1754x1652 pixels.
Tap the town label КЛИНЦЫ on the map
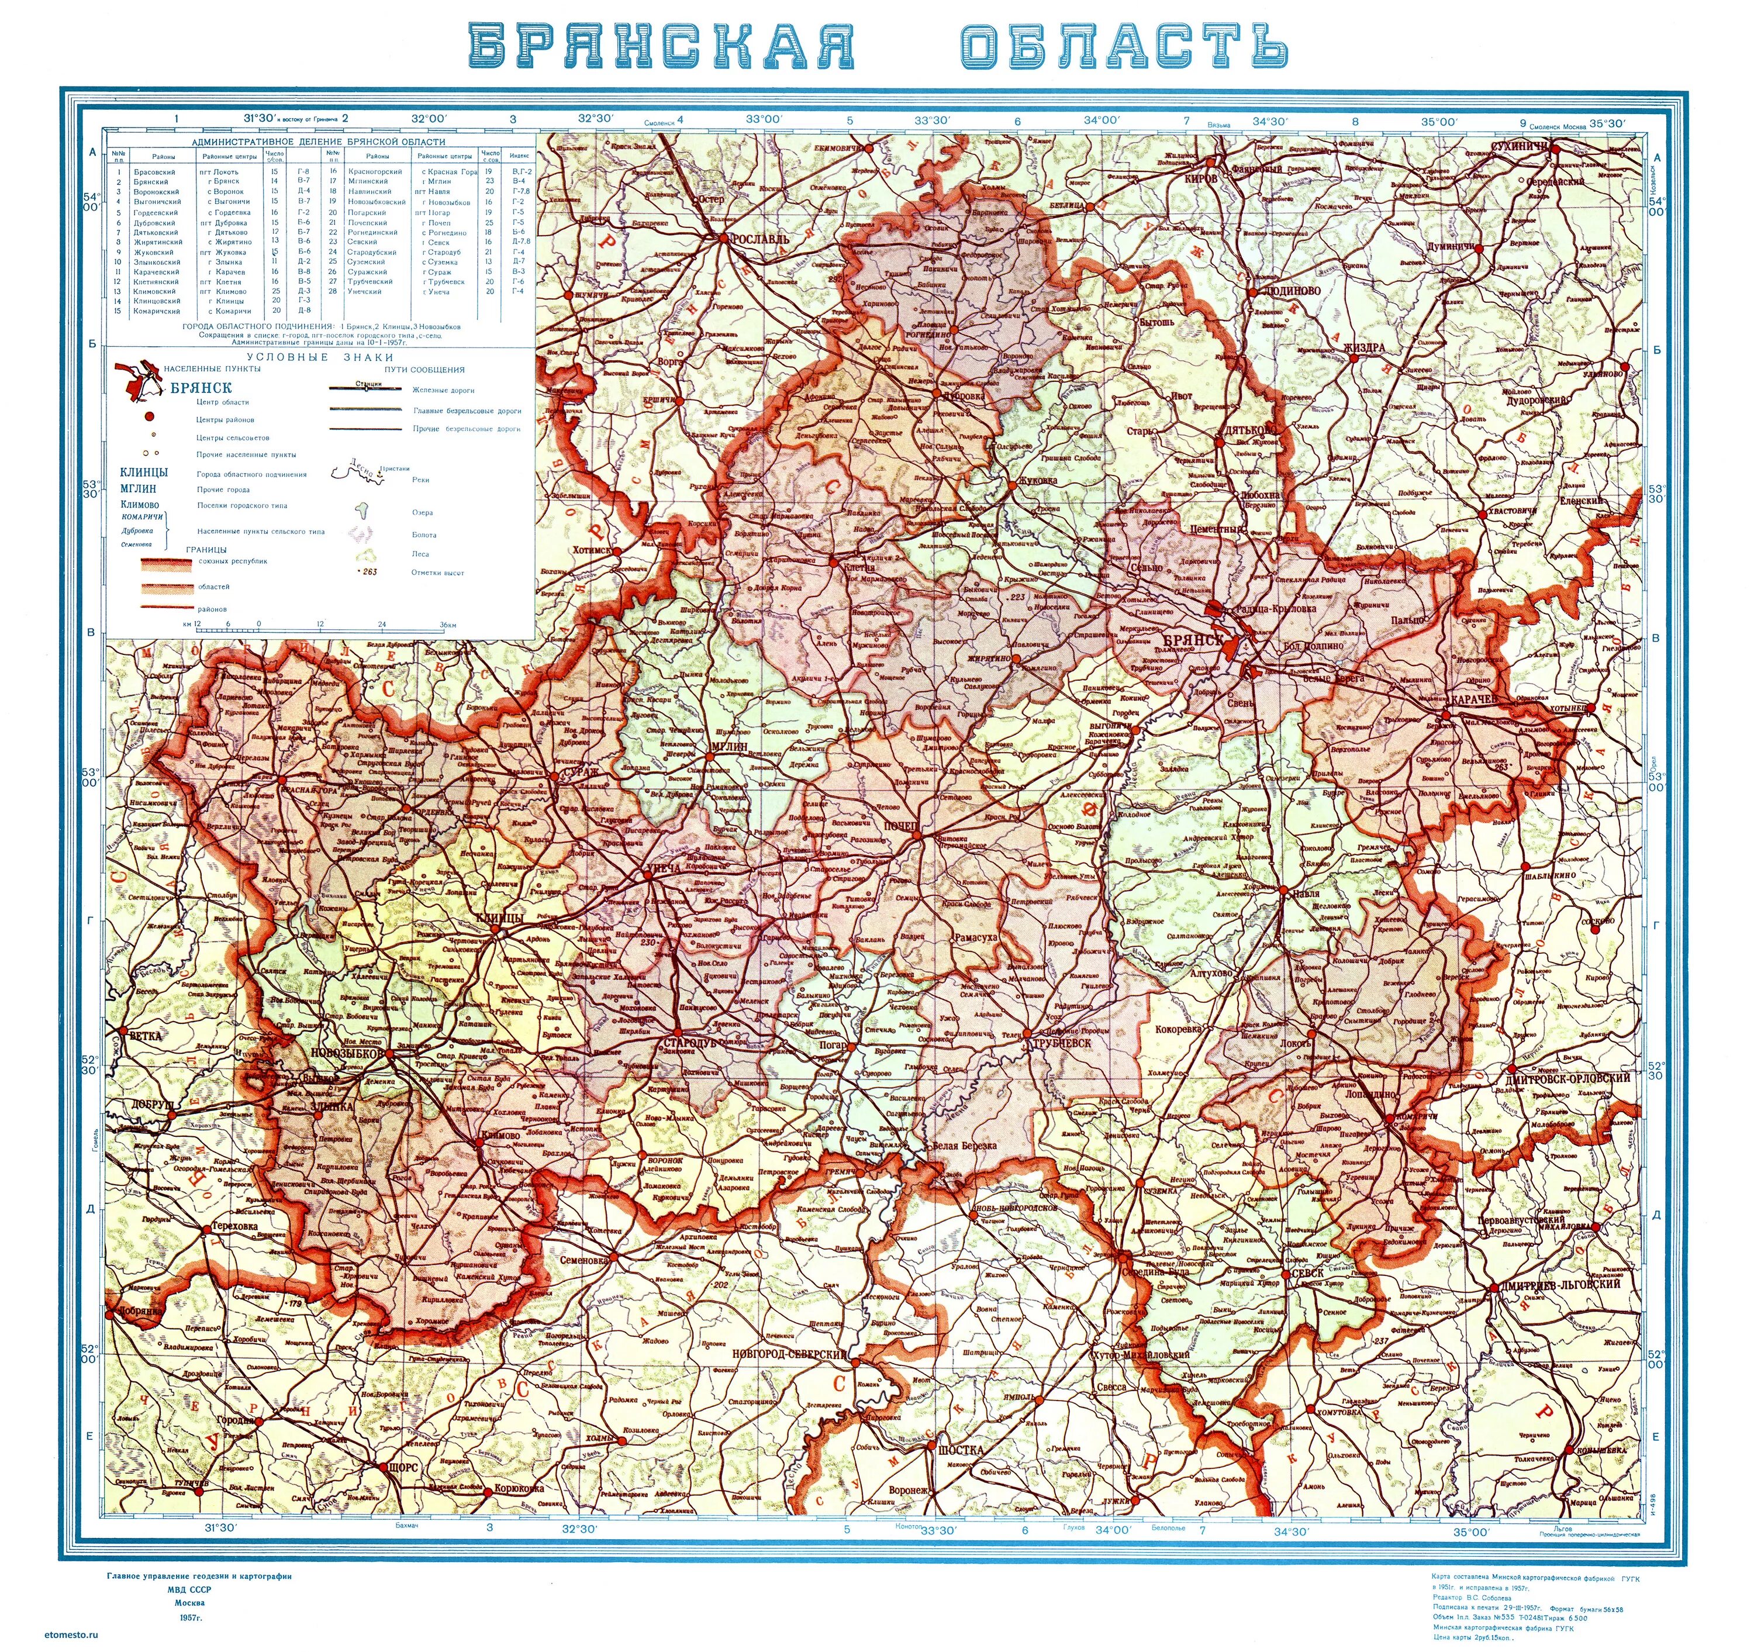(x=500, y=919)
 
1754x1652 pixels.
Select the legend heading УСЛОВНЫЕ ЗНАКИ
(x=320, y=357)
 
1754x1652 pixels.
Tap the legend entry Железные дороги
(x=443, y=389)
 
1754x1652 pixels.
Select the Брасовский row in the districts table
(x=154, y=172)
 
